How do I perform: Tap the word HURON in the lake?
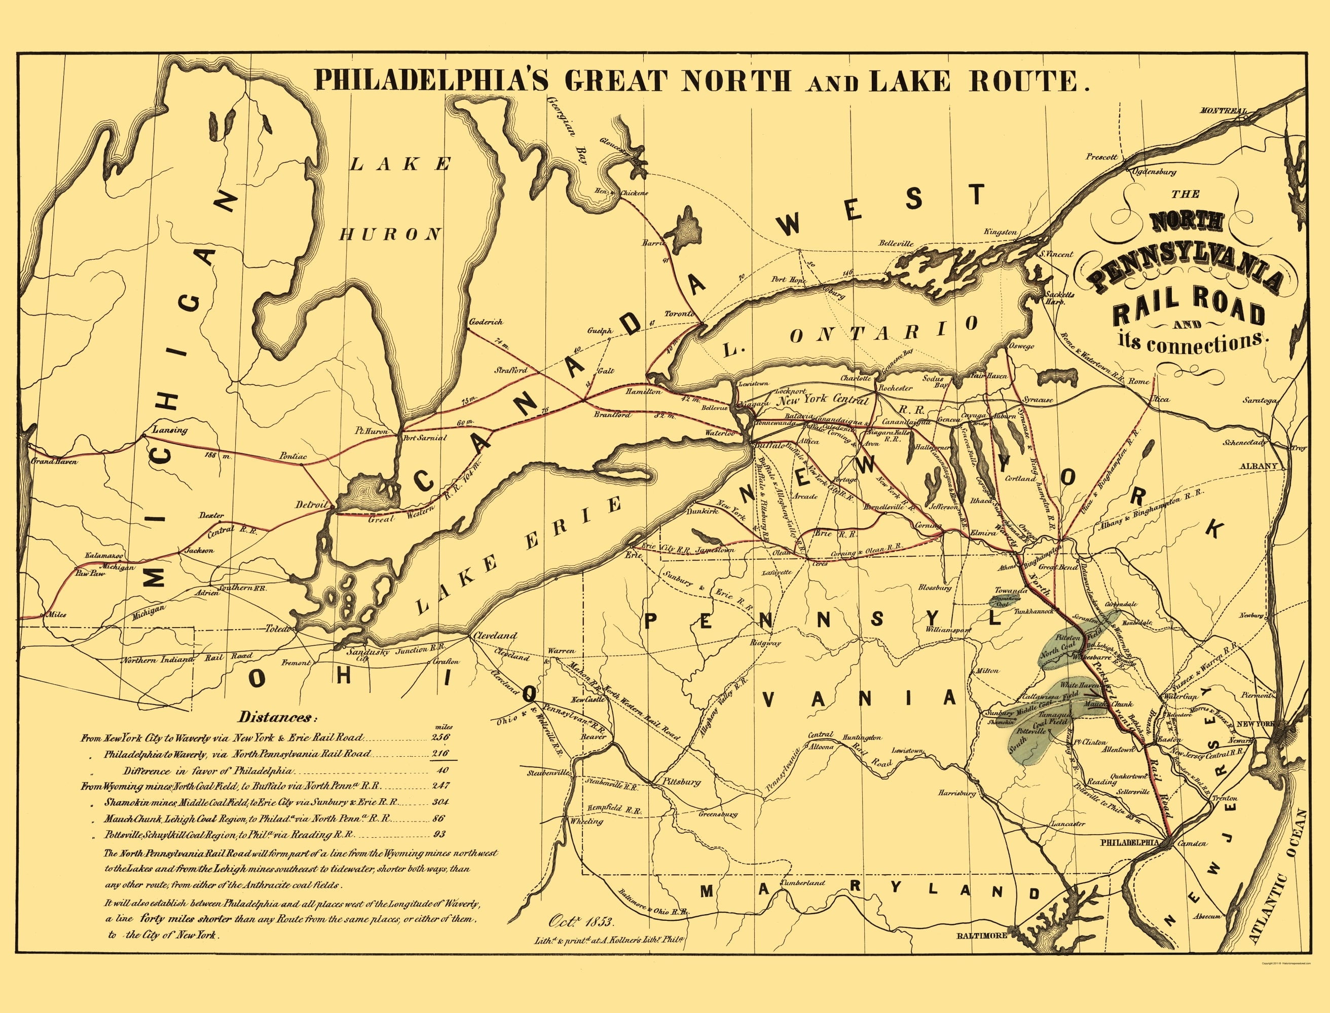pos(390,235)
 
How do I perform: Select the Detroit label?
pos(311,504)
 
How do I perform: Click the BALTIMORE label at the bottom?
pos(982,935)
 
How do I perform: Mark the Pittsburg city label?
pos(681,782)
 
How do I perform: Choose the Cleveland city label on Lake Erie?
pos(495,636)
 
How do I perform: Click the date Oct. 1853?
pos(580,921)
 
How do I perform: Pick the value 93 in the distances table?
pos(439,835)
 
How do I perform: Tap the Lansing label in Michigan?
pos(170,430)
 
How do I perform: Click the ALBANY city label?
pos(1258,466)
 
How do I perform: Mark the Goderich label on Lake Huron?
pos(485,322)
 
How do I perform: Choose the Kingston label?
pos(1000,231)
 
